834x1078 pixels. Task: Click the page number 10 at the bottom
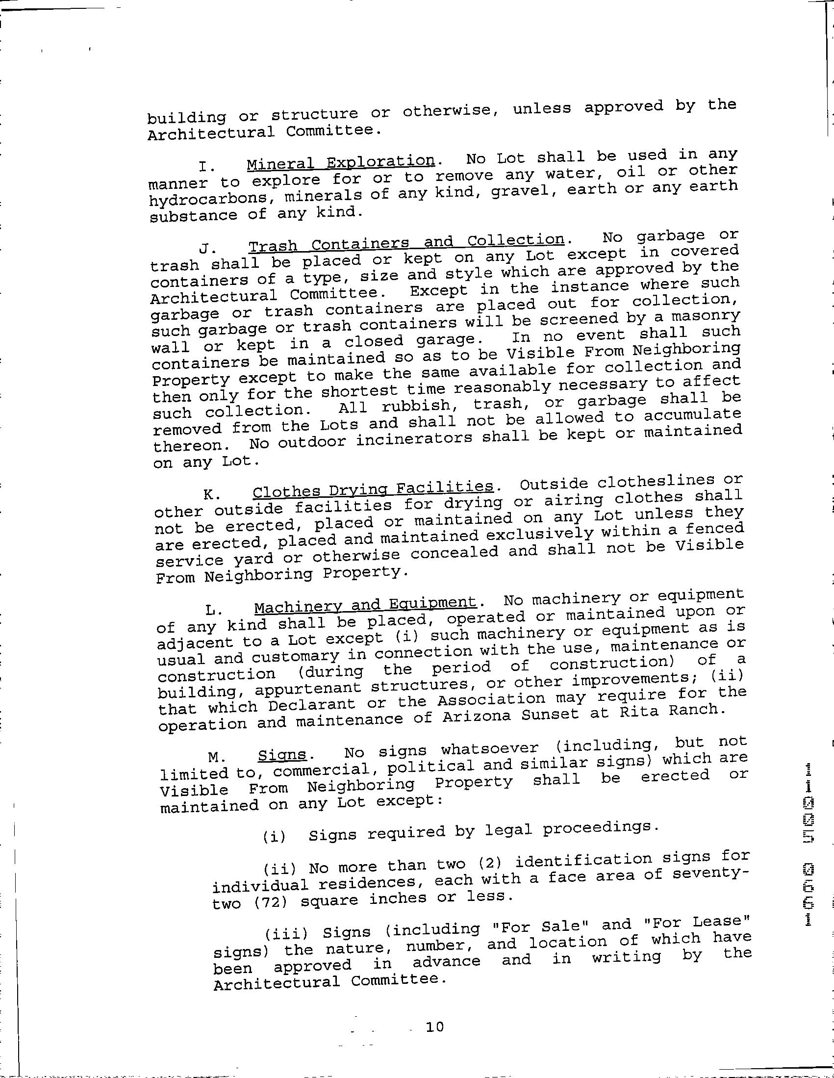click(434, 1027)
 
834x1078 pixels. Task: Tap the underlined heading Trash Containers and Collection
click(406, 243)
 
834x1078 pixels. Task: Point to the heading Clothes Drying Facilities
click(373, 489)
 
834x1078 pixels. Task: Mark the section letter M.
click(214, 757)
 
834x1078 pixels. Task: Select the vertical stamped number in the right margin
click(809, 844)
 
